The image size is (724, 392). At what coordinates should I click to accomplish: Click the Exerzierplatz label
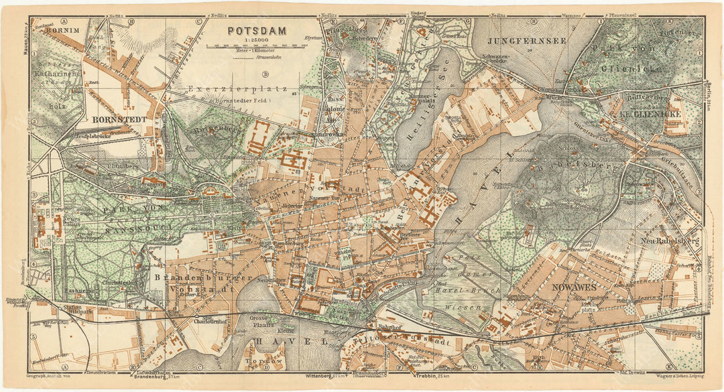pyautogui.click(x=237, y=88)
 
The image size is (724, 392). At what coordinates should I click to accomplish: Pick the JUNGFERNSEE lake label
pyautogui.click(x=528, y=40)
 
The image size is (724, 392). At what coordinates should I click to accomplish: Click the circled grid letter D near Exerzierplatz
pyautogui.click(x=265, y=74)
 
